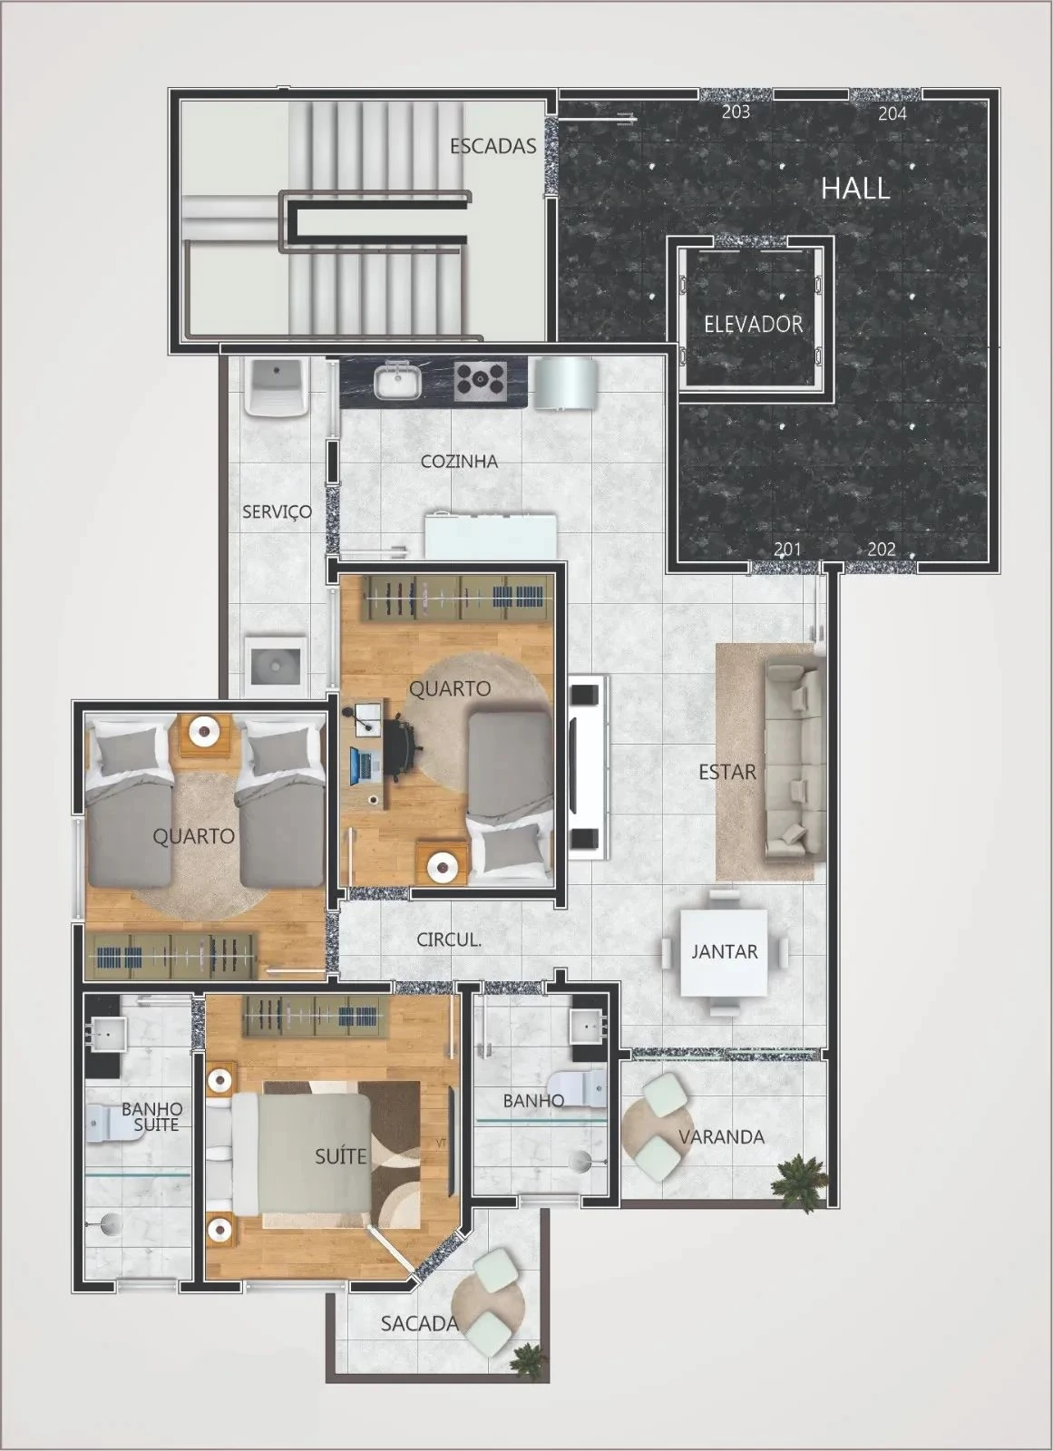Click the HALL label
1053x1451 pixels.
(854, 189)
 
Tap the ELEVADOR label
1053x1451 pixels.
(753, 324)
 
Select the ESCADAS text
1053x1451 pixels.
(492, 146)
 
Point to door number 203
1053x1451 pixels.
(735, 112)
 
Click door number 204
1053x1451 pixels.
(892, 113)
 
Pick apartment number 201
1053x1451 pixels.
(786, 549)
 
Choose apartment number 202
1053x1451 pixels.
(881, 549)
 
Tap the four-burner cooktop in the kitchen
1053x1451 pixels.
(480, 379)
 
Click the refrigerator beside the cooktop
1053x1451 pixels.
(565, 382)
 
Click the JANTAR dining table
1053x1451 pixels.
(725, 951)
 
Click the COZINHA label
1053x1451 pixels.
(459, 462)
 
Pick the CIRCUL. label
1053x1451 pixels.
(448, 940)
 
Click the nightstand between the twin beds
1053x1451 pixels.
(205, 732)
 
